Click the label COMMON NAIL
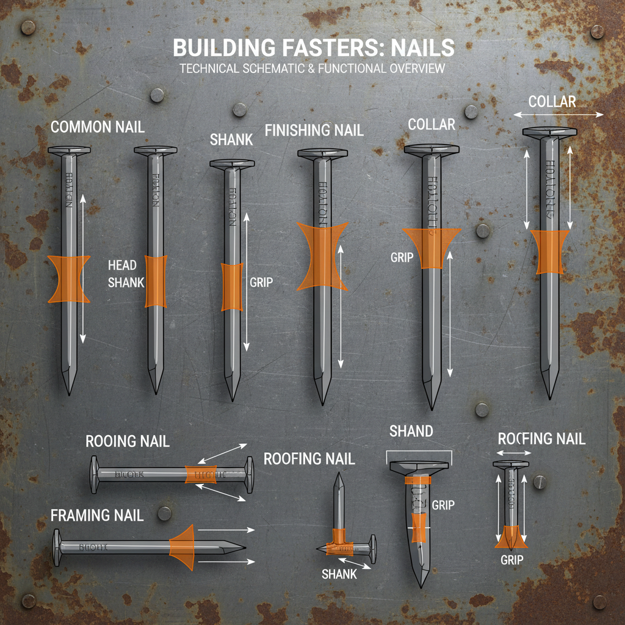[98, 127]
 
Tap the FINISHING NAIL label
[314, 130]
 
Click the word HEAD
[122, 266]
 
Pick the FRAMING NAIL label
[97, 515]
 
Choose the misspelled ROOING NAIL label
[128, 441]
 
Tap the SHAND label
[411, 432]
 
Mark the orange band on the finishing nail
[322, 256]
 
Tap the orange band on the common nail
[69, 279]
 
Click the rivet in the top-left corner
[27, 27]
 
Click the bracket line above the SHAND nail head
[419, 451]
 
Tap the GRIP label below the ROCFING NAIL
[511, 559]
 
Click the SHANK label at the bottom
[339, 574]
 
